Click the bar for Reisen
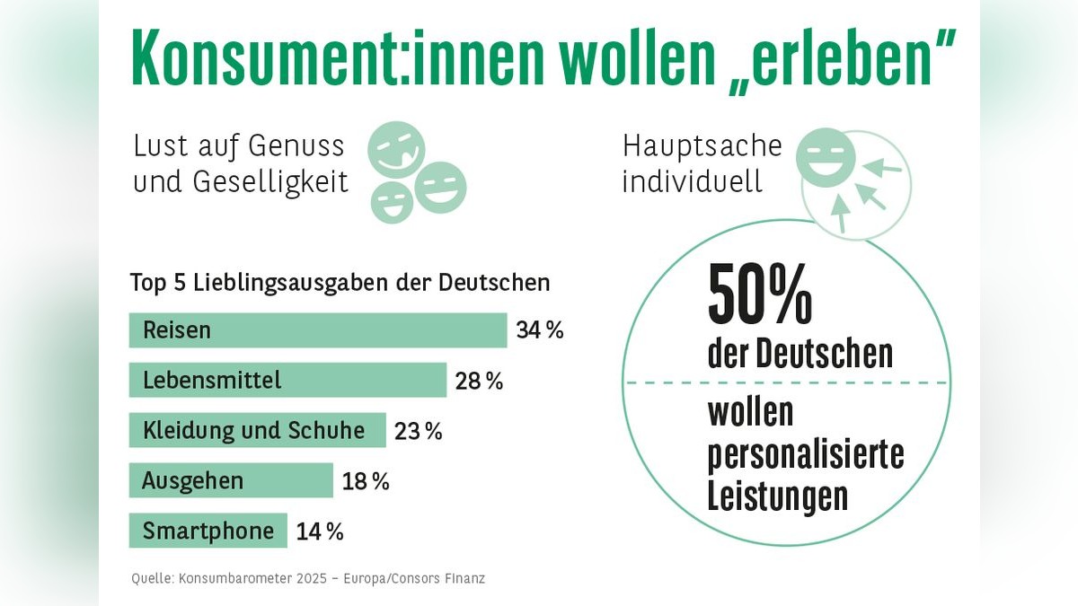(318, 330)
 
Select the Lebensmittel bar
(287, 380)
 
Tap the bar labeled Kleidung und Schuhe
(257, 430)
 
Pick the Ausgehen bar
(231, 480)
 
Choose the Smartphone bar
(208, 531)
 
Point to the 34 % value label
(540, 330)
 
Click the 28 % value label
(479, 381)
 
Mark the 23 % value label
(419, 431)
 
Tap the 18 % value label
(366, 481)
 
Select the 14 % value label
(320, 531)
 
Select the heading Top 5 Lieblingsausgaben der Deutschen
(340, 283)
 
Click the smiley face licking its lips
(396, 149)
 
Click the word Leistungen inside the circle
(777, 495)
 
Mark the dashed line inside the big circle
(786, 383)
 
